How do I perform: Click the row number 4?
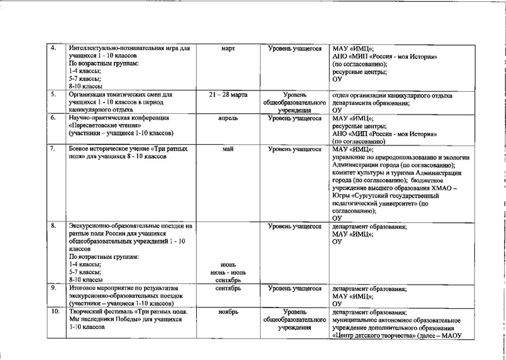[x=54, y=49]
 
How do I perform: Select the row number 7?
[x=54, y=149]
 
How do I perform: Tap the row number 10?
[x=55, y=312]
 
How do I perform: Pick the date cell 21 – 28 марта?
[x=228, y=94]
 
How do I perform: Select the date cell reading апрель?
[x=228, y=118]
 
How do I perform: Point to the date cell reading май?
[x=228, y=149]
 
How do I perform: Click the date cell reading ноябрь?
[x=228, y=312]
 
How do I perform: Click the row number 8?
[x=54, y=225]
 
